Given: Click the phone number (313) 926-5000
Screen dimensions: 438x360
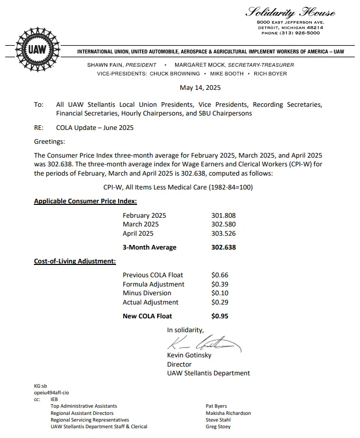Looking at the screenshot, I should (291, 33).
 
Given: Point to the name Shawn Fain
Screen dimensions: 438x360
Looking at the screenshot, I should (105, 65).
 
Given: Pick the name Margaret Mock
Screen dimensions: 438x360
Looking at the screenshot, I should (200, 65).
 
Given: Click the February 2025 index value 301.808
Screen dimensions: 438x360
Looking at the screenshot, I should (223, 216).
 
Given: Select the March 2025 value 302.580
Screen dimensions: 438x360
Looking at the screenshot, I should (223, 224).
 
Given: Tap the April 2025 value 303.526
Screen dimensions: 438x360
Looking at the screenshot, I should (223, 233).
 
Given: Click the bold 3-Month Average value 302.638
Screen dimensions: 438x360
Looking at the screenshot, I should (223, 247).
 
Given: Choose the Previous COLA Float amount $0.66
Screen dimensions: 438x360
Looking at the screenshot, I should (220, 275).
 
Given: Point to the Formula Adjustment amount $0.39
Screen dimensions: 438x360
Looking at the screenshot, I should (220, 284).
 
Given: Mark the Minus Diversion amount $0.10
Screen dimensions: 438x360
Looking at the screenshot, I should (220, 293).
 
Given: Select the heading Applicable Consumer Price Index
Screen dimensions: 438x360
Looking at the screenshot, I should (85, 201).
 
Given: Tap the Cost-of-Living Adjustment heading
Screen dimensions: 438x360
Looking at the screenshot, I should (75, 261).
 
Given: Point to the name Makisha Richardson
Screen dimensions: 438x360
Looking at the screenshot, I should (228, 413).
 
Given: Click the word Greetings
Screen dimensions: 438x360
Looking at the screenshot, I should (49, 141).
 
